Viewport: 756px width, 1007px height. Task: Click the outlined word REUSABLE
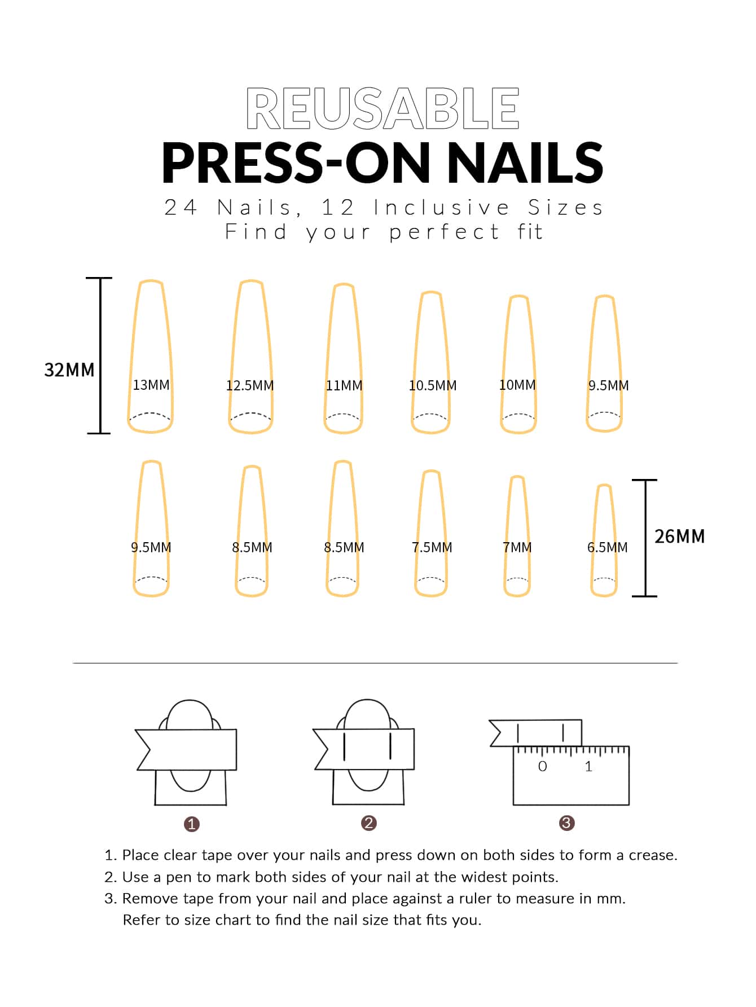[383, 108]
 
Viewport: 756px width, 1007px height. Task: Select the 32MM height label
[69, 370]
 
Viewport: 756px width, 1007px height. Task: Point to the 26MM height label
[680, 536]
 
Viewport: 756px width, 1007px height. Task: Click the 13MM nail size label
[151, 385]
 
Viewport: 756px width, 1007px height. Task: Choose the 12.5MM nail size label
[250, 385]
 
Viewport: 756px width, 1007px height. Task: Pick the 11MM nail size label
[344, 385]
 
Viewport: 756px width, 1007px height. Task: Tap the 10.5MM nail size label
[433, 385]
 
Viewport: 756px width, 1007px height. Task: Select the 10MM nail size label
[517, 385]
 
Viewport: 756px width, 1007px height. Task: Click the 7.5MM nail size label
[432, 547]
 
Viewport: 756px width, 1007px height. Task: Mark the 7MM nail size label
[517, 547]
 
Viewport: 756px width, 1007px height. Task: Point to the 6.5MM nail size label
[608, 547]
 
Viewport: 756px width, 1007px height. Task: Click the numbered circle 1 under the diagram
[192, 824]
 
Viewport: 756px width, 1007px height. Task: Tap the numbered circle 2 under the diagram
[369, 823]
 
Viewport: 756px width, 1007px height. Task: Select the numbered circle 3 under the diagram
[566, 823]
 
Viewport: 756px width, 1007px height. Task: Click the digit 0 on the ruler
[543, 766]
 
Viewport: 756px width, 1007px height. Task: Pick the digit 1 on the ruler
[588, 766]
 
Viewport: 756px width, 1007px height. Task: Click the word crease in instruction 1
[653, 855]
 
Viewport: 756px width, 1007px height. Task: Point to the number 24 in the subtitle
[181, 208]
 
